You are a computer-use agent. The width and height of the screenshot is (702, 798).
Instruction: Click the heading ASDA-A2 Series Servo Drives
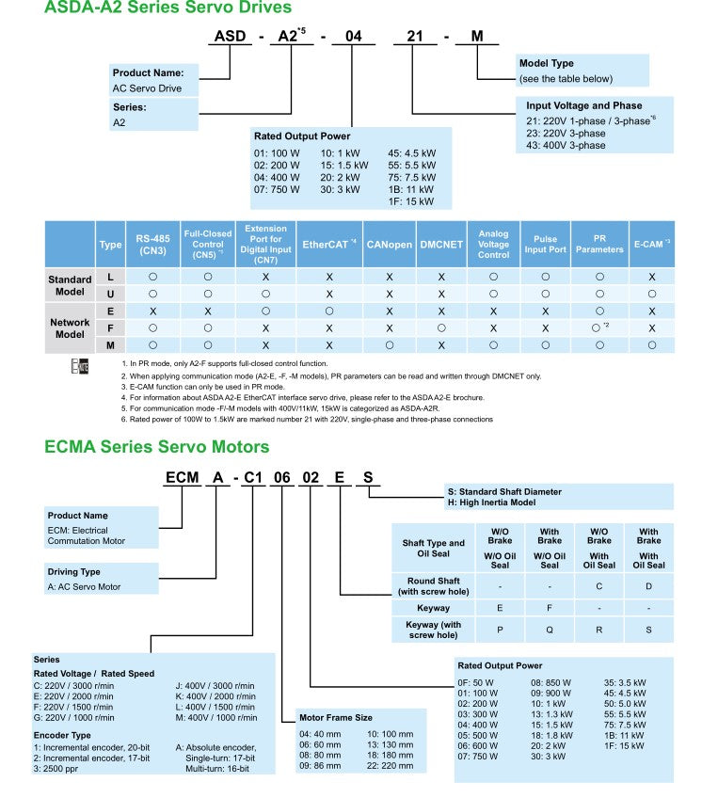[155, 8]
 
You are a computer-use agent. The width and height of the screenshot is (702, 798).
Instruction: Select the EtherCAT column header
[328, 245]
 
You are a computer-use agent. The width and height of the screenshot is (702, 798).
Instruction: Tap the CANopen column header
[389, 245]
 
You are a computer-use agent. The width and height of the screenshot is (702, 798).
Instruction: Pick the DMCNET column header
[441, 245]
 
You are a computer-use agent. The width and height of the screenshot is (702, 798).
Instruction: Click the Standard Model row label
[70, 286]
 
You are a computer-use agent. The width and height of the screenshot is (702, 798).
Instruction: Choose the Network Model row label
[70, 328]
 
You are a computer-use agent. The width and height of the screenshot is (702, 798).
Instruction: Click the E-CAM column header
[651, 245]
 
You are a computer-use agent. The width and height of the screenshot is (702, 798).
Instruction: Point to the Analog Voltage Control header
[493, 245]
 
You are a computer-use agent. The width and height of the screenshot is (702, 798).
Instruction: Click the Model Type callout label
[546, 64]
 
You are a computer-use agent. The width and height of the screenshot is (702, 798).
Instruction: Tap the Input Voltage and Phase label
[583, 105]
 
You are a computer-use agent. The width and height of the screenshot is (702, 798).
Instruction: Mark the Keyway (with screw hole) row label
[433, 630]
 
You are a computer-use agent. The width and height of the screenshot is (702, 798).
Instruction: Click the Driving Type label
[73, 571]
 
